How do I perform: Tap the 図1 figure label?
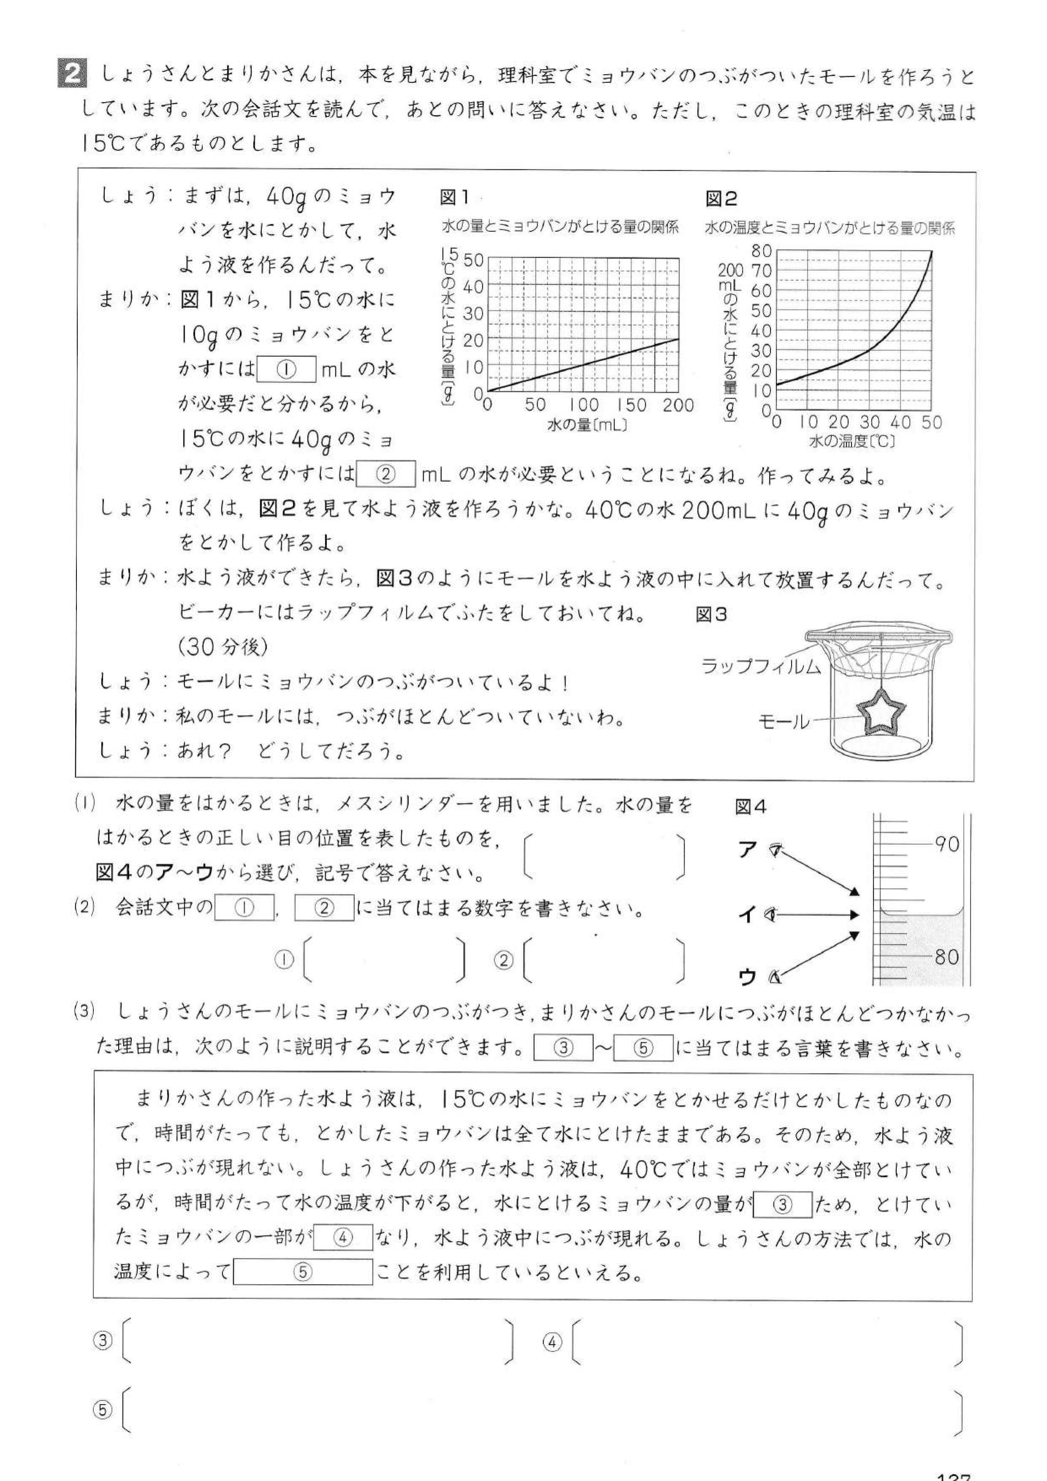click(x=454, y=198)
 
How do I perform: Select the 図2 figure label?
click(x=721, y=199)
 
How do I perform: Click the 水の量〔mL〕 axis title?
click(x=587, y=425)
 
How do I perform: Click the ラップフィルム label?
click(x=761, y=666)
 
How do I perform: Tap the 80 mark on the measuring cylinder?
click(x=946, y=957)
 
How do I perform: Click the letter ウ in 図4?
click(x=747, y=978)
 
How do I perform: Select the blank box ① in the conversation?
click(x=286, y=369)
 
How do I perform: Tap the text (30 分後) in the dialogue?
click(x=223, y=647)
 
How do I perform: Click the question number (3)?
click(x=84, y=1012)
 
